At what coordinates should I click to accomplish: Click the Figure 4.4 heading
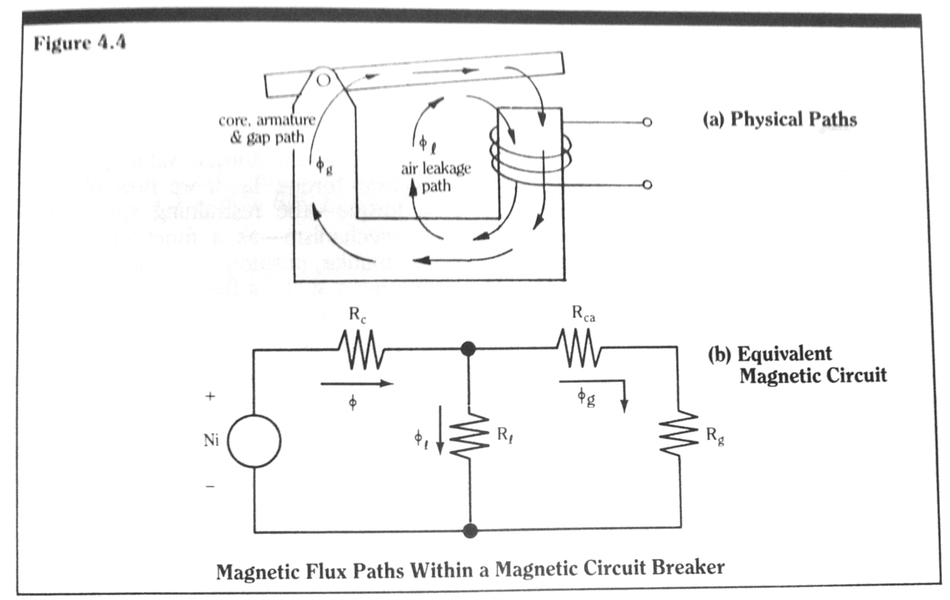79,43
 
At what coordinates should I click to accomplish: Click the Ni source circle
254,442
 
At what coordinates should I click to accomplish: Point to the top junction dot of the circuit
469,349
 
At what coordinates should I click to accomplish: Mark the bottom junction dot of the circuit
470,530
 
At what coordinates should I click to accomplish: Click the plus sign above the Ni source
210,397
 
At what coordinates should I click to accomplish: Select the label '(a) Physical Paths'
779,120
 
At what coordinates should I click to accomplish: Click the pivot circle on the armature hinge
323,78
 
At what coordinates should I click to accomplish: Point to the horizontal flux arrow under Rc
357,384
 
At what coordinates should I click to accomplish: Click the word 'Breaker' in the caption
682,569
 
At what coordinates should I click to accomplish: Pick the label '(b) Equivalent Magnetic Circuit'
798,364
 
